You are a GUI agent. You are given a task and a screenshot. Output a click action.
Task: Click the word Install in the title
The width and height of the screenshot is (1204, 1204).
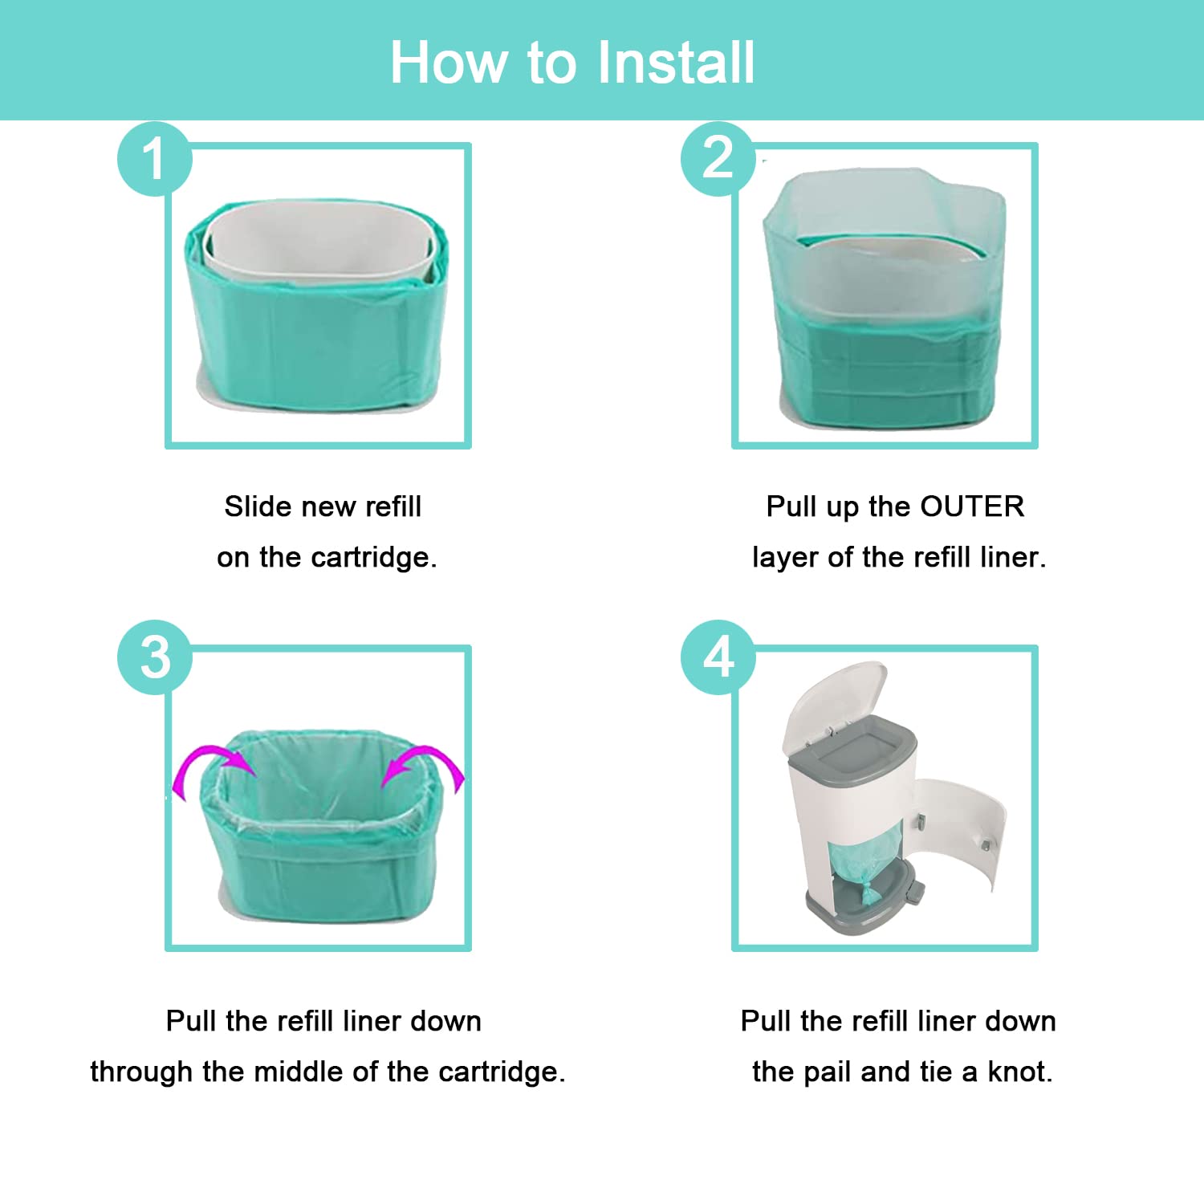676,63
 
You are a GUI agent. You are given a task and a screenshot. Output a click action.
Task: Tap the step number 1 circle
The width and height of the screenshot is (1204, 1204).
155,158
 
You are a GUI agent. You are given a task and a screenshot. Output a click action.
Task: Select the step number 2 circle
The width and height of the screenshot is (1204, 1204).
718,158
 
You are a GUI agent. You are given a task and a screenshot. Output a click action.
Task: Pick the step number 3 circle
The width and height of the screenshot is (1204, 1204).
155,657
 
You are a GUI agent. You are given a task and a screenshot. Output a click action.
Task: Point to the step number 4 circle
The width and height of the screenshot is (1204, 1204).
718,657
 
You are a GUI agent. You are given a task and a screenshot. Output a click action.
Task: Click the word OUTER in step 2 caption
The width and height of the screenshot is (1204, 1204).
972,506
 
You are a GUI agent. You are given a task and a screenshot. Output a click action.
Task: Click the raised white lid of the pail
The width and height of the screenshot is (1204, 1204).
835,698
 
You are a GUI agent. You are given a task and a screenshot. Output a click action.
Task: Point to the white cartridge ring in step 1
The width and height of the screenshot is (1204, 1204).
321,241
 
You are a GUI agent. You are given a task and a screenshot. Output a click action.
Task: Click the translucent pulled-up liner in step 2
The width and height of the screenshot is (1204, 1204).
883,233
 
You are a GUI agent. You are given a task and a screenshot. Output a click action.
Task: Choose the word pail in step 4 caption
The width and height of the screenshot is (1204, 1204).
828,1072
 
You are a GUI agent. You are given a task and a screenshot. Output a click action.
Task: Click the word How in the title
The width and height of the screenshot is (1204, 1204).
449,63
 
